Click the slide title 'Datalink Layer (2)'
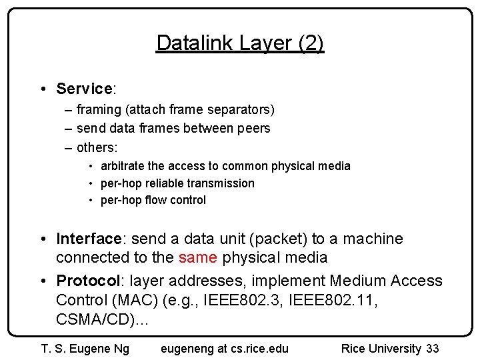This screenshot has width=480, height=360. tap(240, 43)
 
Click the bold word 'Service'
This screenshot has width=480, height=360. tap(83, 89)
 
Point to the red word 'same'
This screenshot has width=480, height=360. tap(197, 257)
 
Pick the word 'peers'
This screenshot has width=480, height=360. tap(253, 128)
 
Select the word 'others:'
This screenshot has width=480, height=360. tap(97, 147)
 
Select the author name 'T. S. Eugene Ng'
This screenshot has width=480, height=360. tap(85, 349)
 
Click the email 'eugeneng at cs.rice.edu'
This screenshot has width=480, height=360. tap(225, 349)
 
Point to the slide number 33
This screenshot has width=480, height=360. tap(432, 349)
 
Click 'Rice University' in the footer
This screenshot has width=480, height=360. tap(381, 349)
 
